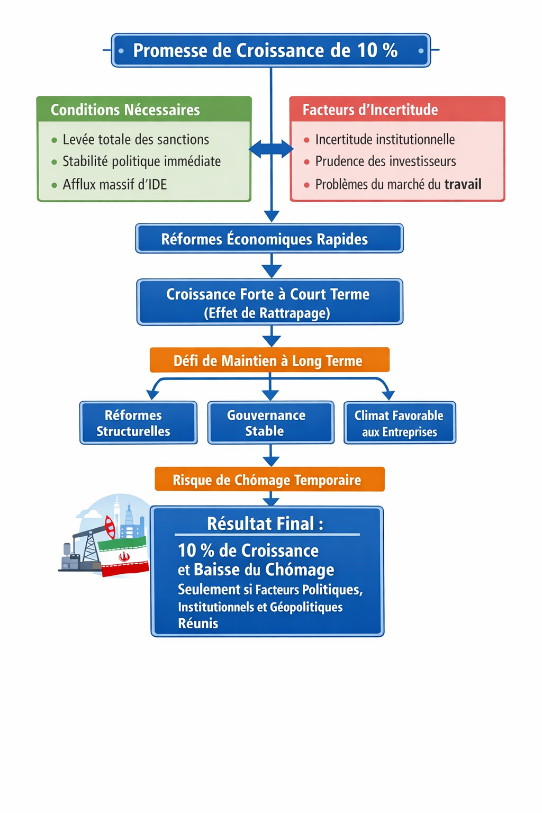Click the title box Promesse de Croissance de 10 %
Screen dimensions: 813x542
(270, 50)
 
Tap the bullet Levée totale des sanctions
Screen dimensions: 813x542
(135, 140)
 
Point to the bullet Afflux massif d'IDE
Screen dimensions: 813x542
(114, 185)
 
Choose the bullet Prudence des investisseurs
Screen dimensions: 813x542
(385, 161)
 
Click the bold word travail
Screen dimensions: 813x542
(463, 185)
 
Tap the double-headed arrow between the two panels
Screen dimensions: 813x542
(271, 149)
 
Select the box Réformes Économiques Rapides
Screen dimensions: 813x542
(269, 239)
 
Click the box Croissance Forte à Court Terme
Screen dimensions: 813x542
(269, 302)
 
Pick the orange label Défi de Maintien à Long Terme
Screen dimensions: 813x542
(269, 360)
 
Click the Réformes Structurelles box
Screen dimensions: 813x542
(138, 423)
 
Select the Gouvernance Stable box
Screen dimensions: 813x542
(270, 423)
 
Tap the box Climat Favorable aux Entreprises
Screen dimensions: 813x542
(400, 423)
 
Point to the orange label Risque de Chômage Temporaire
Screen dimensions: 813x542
(269, 480)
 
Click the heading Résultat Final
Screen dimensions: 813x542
(265, 523)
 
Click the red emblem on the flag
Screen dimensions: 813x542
(124, 556)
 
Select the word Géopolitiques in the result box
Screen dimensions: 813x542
(306, 607)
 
